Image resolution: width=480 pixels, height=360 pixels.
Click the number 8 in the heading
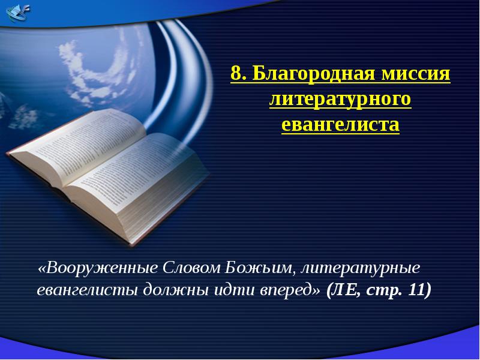(x=236, y=75)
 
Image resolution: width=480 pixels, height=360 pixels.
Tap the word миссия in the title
(x=419, y=75)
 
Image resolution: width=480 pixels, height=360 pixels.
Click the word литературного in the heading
(x=340, y=100)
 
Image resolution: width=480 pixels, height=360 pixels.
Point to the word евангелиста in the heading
(x=340, y=125)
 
